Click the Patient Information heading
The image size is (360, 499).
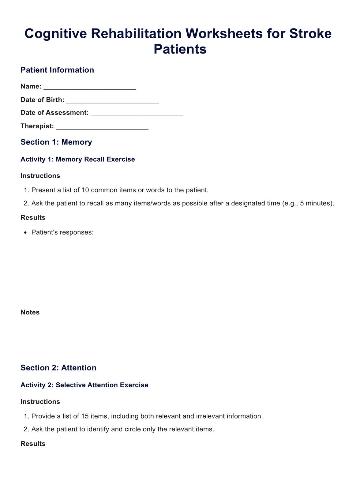tap(57, 70)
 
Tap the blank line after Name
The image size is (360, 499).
tap(90, 87)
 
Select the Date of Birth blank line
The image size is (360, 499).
tap(112, 100)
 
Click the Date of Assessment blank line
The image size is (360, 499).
tap(137, 113)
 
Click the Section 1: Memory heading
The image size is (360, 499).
tap(56, 142)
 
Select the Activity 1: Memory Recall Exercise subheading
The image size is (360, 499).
tap(78, 159)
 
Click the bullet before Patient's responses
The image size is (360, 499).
tap(26, 233)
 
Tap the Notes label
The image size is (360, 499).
tap(30, 313)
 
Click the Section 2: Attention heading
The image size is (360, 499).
tap(58, 368)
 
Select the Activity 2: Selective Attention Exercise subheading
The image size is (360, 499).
tap(84, 385)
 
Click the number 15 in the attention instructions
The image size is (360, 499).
tap(85, 416)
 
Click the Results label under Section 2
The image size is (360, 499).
tap(33, 444)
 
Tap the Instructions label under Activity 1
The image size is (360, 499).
tap(40, 176)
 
